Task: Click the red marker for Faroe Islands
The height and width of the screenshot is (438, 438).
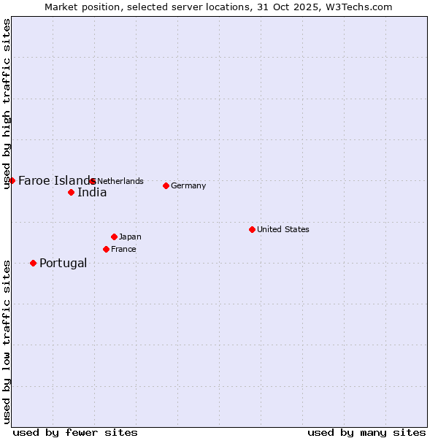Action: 12,180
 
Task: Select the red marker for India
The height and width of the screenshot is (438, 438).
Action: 71,193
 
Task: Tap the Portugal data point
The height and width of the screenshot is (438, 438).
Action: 33,263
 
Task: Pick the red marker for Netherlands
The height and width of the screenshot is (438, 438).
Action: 92,181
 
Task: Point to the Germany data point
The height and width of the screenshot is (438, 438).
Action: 166,185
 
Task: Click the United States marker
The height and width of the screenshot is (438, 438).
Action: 252,229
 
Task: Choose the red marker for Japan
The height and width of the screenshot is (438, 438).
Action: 114,237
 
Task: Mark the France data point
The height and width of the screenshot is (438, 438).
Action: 106,249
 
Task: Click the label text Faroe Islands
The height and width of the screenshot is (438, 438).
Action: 55,180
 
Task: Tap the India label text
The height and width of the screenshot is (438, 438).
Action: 92,193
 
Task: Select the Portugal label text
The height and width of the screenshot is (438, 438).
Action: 63,263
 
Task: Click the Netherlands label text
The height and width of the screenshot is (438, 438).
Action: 120,181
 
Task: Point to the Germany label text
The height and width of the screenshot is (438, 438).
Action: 188,185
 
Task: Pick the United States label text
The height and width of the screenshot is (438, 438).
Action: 283,229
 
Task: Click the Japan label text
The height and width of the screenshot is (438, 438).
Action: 130,237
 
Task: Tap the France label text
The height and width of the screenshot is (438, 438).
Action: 123,249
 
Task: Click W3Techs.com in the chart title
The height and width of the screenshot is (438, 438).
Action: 358,7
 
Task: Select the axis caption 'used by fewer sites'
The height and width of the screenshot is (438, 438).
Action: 75,432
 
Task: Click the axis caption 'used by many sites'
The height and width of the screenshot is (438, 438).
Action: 366,432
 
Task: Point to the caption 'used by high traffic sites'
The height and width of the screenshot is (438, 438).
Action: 7,104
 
